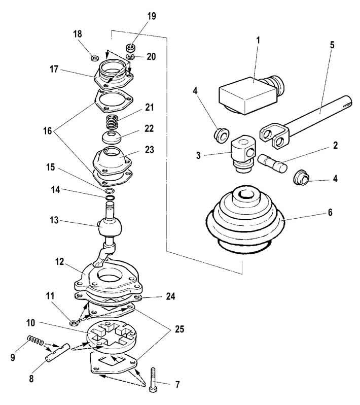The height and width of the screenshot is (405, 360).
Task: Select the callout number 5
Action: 332,45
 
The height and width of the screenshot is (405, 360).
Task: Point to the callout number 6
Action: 330,213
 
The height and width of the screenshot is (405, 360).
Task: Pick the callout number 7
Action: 177,385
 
